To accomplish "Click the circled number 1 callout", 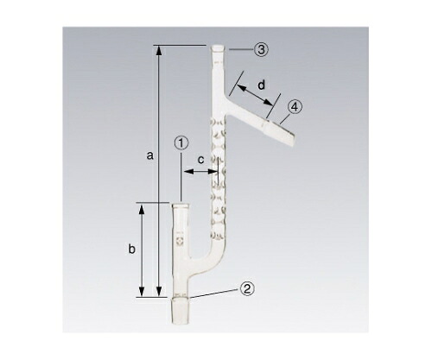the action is pos(181,143).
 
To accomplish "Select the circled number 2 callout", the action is pos(247,288).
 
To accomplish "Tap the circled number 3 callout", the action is pos(261,49).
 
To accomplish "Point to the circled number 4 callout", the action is pos(295,107).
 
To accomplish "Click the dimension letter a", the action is pos(149,156).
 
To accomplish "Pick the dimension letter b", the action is pos(131,249).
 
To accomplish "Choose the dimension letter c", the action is pos(201,160).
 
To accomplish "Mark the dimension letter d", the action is pos(261,85).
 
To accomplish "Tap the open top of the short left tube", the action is pos(180,205).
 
